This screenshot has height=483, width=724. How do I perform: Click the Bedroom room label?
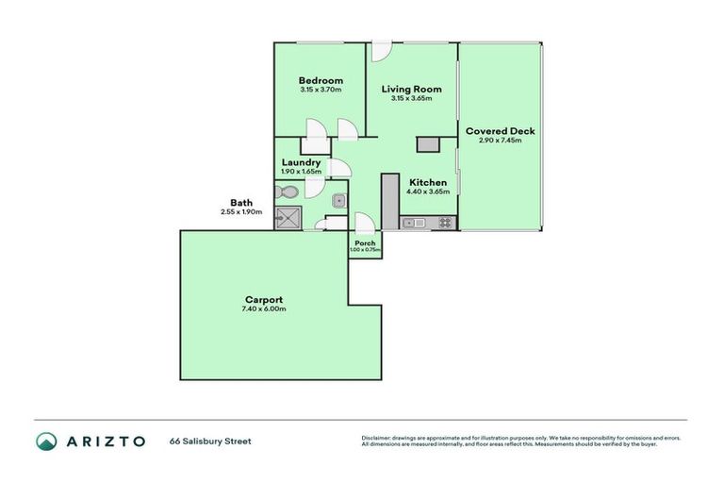coord(321,80)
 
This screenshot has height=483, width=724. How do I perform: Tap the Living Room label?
coord(412,90)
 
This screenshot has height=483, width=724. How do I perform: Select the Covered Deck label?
coord(500,131)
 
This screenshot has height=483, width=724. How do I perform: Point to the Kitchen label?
coord(427,182)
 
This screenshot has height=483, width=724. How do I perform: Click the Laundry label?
coord(301,162)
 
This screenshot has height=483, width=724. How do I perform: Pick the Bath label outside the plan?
coord(240,203)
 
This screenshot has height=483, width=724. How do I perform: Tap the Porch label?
coord(365,242)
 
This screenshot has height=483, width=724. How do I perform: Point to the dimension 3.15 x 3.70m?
coord(321,90)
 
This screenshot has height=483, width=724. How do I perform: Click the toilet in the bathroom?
coord(288,192)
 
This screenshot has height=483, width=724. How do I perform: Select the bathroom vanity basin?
coord(337,200)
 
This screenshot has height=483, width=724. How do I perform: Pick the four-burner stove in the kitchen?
coord(444,223)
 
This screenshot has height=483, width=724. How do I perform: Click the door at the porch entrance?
coord(363,223)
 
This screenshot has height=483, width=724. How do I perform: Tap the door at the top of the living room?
coord(380,49)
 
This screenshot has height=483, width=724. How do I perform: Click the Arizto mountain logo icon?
coord(46,441)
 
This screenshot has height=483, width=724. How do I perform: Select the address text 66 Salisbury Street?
coord(210,441)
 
